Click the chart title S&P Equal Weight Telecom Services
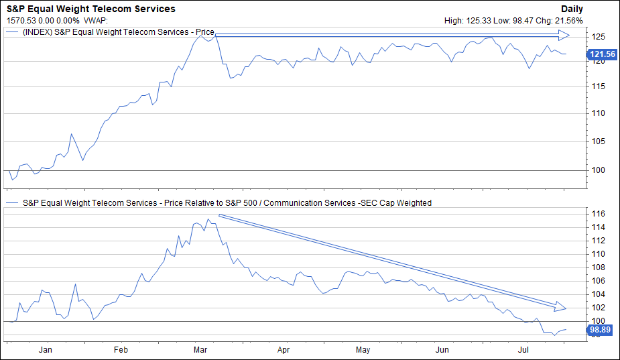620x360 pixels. click(90, 9)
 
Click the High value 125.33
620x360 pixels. click(479, 20)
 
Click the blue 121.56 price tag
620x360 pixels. click(601, 54)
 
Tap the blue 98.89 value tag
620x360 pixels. click(600, 331)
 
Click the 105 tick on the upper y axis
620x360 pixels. click(597, 141)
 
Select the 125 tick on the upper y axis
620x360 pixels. click(597, 36)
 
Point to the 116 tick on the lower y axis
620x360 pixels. click(597, 213)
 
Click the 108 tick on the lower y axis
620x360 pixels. click(597, 267)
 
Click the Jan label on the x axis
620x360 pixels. click(46, 349)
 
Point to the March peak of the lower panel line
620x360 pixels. click(209, 219)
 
